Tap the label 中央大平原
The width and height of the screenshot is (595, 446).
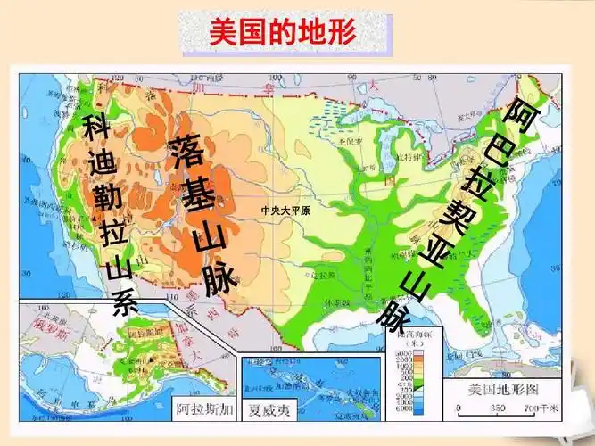284,211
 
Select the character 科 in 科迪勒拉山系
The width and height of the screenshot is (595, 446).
95,128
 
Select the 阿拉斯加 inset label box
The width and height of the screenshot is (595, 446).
203,412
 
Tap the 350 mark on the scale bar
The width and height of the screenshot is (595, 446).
497,409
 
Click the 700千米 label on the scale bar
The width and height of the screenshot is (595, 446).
541,409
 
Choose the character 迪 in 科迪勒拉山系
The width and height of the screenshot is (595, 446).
101,161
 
